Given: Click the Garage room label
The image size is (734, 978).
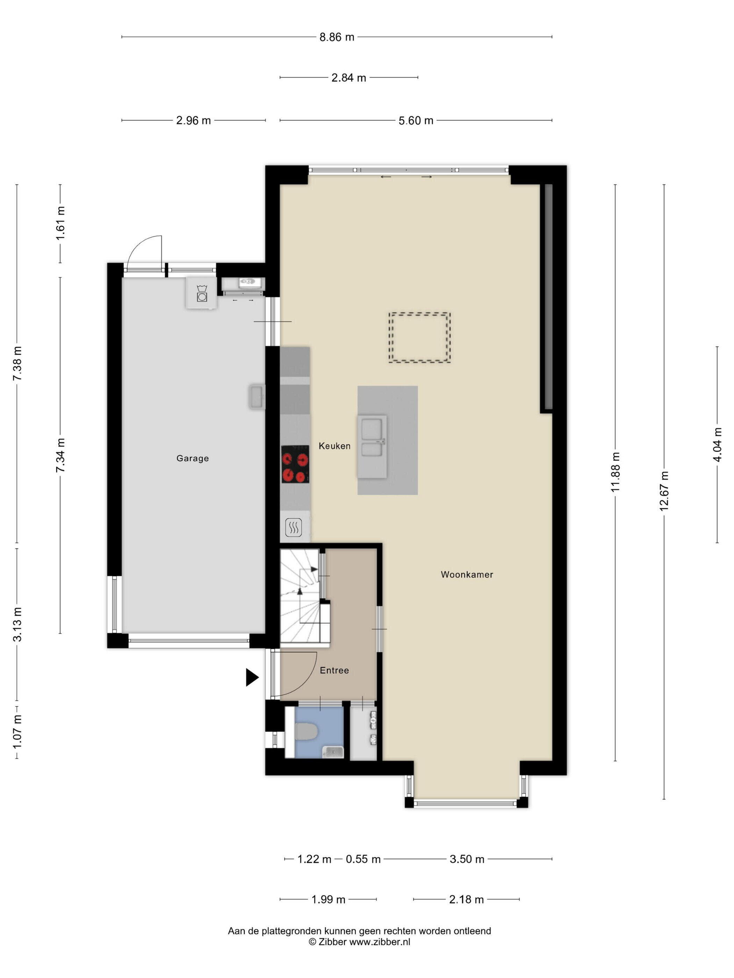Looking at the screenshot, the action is [193, 459].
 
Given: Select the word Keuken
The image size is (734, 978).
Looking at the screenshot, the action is [334, 446].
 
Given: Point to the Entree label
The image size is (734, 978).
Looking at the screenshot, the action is [334, 671].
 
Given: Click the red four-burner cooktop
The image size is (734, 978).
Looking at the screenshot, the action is [295, 464].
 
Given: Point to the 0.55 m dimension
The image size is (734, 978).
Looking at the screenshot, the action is [363, 859].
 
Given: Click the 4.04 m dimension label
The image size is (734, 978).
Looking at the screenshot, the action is [717, 445].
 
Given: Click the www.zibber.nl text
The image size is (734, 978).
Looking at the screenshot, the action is [380, 942].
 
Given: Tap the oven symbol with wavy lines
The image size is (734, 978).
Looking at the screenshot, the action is [293, 527].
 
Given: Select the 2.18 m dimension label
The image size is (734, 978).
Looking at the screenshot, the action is [466, 899].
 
